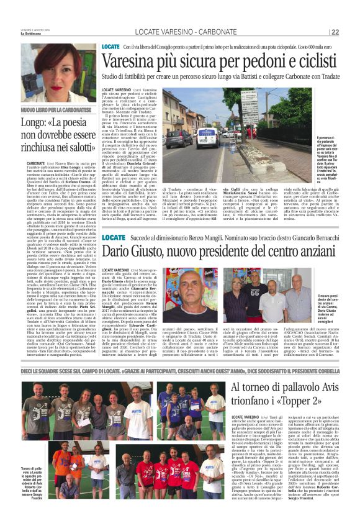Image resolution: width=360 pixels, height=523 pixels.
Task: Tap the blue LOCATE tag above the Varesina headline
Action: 111,47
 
